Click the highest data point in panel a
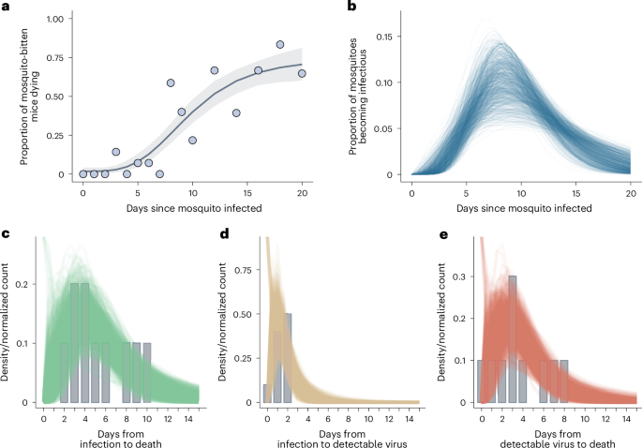280,44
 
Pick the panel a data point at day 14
236,112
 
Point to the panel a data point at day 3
115,152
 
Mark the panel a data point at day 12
215,70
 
